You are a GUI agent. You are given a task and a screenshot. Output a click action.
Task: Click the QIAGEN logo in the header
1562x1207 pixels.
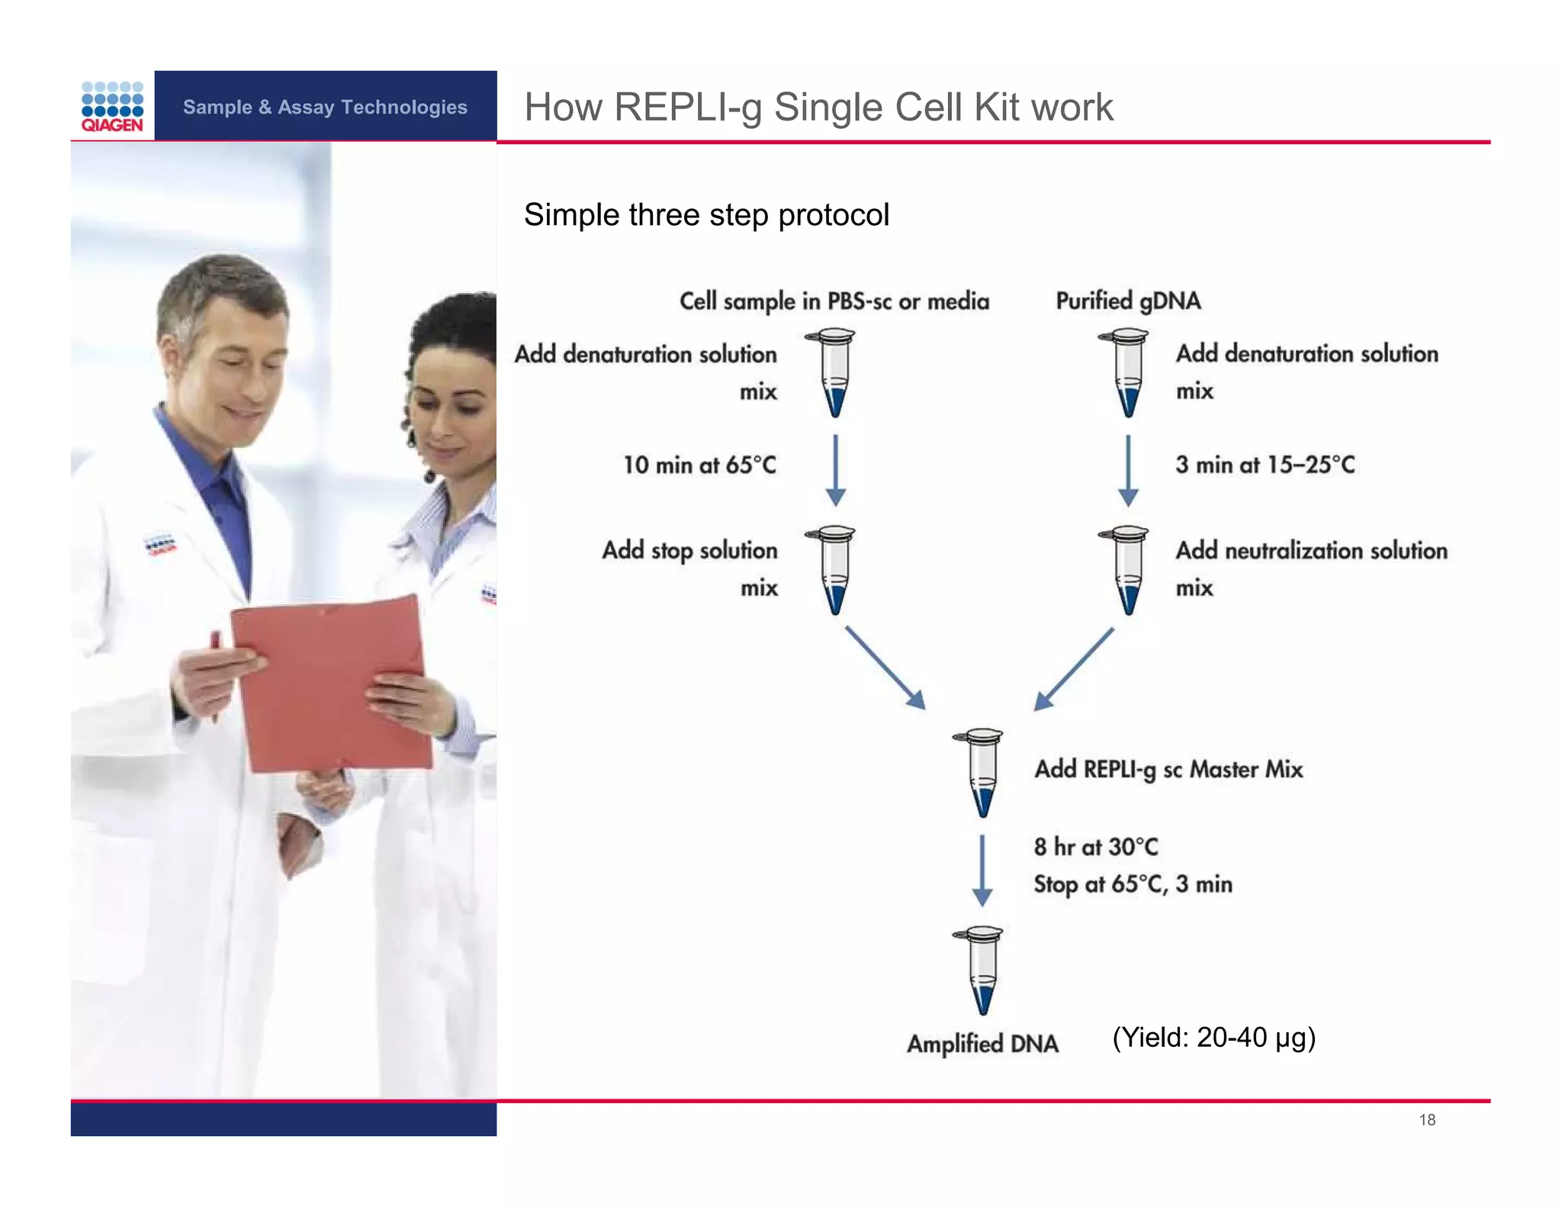[112, 107]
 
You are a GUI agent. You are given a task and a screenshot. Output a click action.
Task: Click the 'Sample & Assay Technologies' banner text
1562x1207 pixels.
[325, 107]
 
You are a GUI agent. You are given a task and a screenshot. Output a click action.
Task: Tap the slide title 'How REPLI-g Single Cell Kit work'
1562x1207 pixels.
[818, 107]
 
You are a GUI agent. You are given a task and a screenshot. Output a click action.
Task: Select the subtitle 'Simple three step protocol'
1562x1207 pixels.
[706, 215]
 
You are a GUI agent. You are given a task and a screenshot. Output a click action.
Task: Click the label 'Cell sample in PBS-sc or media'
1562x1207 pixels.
[834, 301]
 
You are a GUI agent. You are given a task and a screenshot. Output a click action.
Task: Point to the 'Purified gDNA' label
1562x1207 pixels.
[1128, 301]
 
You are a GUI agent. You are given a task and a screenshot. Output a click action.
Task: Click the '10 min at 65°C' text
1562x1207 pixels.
[699, 465]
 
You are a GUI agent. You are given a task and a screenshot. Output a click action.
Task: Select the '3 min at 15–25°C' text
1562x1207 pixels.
[1265, 465]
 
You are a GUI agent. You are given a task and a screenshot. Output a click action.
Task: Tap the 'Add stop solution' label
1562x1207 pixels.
[689, 550]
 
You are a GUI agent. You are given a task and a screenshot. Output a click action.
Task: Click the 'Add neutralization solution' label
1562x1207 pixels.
[1311, 550]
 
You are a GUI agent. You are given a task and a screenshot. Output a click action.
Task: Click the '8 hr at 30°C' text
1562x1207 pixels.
[1095, 847]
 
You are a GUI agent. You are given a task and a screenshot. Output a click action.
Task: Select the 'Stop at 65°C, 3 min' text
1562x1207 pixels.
[1133, 884]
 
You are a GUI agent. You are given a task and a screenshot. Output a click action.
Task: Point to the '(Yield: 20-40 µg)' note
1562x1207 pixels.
[1213, 1038]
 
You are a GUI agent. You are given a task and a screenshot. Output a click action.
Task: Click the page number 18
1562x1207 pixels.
[1427, 1120]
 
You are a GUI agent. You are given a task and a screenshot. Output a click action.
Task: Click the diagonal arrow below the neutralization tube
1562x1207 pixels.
[1074, 668]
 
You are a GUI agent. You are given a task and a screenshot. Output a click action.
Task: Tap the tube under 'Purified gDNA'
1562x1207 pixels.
[1127, 372]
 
